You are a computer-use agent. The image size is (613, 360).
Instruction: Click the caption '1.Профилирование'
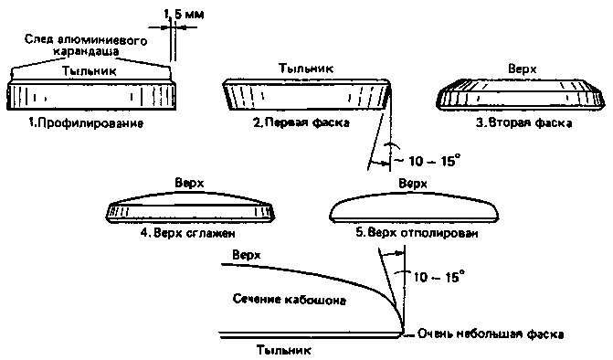86,123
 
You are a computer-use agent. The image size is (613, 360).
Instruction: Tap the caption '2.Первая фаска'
301,122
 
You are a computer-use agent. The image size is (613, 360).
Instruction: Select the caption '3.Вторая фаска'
523,122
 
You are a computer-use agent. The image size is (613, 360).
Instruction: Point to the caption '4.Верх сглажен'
188,233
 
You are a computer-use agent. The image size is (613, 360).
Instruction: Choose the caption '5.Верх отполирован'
417,233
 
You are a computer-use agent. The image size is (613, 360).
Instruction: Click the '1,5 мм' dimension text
184,15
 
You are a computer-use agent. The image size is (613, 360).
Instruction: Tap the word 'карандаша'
86,51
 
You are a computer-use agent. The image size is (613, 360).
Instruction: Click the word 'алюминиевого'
102,40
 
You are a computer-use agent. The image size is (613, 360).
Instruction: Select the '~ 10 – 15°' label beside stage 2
427,160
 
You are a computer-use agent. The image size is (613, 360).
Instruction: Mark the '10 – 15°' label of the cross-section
439,276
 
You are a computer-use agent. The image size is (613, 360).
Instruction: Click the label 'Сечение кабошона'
290,300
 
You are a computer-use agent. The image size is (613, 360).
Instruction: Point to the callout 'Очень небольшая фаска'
491,334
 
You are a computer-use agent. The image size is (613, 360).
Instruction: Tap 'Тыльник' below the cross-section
284,350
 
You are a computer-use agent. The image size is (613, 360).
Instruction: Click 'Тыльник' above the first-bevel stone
306,69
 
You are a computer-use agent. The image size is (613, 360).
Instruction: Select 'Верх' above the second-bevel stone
523,69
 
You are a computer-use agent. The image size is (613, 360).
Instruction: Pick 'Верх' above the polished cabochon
413,184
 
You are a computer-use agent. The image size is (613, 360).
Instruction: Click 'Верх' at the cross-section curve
247,255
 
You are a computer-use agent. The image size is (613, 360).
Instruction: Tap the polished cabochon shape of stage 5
414,206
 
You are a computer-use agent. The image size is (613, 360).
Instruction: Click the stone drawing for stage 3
521,93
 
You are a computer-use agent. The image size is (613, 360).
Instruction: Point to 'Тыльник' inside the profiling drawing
90,71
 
